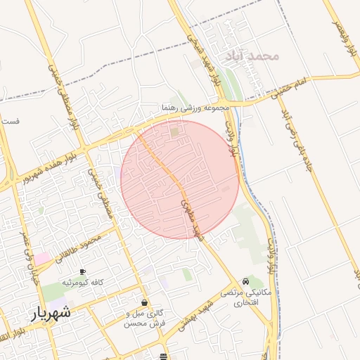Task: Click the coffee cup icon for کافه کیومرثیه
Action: pyautogui.click(x=82, y=271)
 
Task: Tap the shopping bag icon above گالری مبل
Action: pyautogui.click(x=144, y=302)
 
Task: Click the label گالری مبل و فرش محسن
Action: pyautogui.click(x=144, y=317)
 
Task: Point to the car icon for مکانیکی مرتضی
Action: pyautogui.click(x=245, y=281)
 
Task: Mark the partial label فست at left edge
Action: pyautogui.click(x=10, y=121)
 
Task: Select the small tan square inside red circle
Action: pyautogui.click(x=174, y=131)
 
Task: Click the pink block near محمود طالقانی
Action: pyautogui.click(x=43, y=259)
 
